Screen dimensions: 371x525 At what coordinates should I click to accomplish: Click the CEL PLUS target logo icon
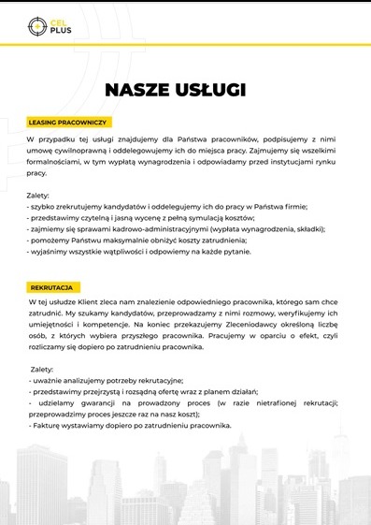[37, 25]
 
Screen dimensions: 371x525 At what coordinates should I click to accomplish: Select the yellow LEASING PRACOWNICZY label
[70, 123]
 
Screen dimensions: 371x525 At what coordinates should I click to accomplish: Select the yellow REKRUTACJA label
[54, 287]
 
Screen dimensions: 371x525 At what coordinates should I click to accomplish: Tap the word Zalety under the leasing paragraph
[38, 196]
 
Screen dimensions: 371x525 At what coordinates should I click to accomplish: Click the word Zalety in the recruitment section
[42, 370]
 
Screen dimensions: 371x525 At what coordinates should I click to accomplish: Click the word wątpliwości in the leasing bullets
[142, 252]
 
